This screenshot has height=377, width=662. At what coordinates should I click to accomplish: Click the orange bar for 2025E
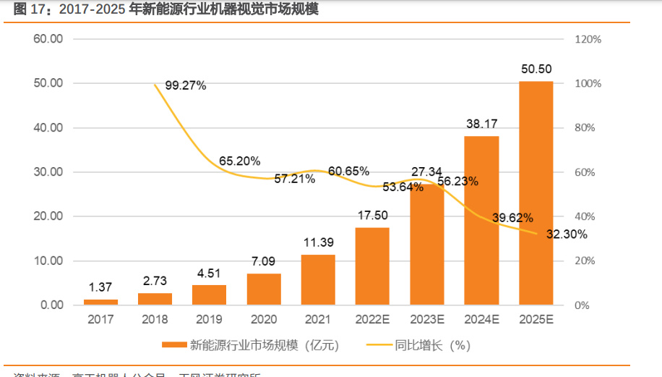(536, 193)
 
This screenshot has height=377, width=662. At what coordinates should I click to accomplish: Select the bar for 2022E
(372, 266)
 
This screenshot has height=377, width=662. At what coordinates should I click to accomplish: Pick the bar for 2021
(318, 280)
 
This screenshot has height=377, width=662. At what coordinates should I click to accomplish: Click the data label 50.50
(536, 69)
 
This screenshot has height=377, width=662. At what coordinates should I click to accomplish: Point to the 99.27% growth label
(186, 85)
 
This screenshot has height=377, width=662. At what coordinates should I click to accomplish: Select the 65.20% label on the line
(240, 161)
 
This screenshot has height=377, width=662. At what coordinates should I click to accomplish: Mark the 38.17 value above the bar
(481, 124)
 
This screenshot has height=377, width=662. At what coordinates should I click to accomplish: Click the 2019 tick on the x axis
(209, 319)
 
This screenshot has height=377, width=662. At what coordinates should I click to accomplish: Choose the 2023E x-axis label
(426, 319)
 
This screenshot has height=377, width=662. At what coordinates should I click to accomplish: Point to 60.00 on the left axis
(48, 39)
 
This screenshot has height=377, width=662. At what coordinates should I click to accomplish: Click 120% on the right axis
(588, 39)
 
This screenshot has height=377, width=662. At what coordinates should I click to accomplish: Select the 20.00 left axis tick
(48, 216)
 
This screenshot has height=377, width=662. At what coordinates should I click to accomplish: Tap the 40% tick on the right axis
(585, 216)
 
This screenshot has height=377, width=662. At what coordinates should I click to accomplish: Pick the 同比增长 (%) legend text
(430, 345)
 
